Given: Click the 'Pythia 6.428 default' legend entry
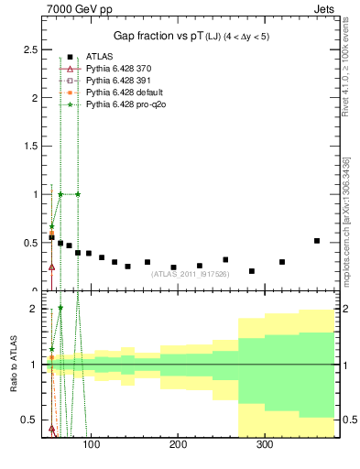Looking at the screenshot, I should click(x=119, y=93).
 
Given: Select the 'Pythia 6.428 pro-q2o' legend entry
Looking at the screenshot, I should click(x=122, y=104).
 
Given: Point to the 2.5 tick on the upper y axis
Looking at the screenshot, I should click(x=31, y=49).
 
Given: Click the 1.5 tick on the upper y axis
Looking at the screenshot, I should click(x=31, y=147).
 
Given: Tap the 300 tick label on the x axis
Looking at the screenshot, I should click(x=265, y=445).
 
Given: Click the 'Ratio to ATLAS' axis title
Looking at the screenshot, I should click(x=12, y=365).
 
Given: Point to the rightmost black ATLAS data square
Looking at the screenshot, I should click(x=317, y=241).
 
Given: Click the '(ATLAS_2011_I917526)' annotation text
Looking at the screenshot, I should click(x=190, y=274).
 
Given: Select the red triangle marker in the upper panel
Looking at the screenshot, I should click(x=51, y=267).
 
